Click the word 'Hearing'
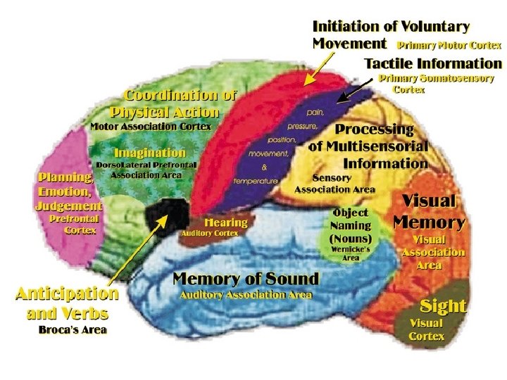pos(225,222)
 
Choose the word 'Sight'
pos(443,305)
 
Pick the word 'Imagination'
pos(150,152)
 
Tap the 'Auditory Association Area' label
pos(246,294)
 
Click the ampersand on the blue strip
pos(264,167)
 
